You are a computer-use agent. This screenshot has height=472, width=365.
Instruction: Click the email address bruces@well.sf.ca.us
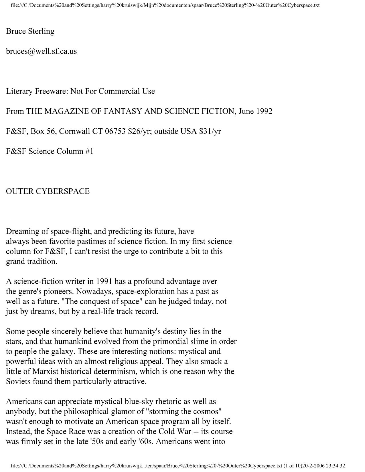[x=42, y=51]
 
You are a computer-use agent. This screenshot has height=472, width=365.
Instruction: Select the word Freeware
[x=52, y=91]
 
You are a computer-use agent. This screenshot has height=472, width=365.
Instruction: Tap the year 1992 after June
[x=264, y=111]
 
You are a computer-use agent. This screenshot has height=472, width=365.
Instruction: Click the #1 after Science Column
[x=89, y=152]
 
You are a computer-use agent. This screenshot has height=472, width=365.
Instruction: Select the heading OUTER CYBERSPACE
[x=48, y=192]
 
